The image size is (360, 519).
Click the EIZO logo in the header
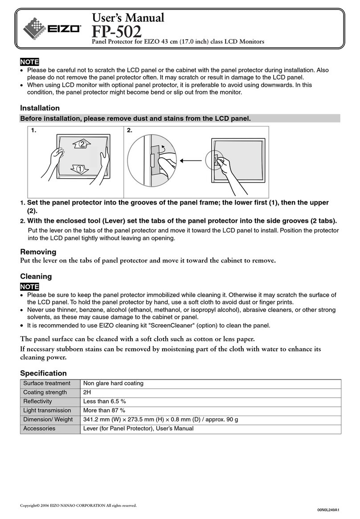(52, 28)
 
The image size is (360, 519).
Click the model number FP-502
(116, 32)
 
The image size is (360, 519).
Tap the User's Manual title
(128, 17)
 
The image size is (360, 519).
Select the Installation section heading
(40, 108)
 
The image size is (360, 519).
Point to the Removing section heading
(38, 252)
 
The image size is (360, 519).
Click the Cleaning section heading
(36, 276)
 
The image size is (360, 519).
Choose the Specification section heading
(43, 373)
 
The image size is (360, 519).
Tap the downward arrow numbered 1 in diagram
(79, 169)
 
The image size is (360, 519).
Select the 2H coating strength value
(87, 392)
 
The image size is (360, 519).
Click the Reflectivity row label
(37, 401)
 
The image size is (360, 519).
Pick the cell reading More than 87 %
(104, 410)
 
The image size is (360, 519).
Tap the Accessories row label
(39, 428)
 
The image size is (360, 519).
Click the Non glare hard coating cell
(113, 383)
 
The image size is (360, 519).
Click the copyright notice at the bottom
(78, 505)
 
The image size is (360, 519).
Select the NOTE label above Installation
(29, 62)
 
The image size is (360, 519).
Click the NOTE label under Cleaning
(29, 286)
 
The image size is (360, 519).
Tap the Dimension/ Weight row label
(48, 419)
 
